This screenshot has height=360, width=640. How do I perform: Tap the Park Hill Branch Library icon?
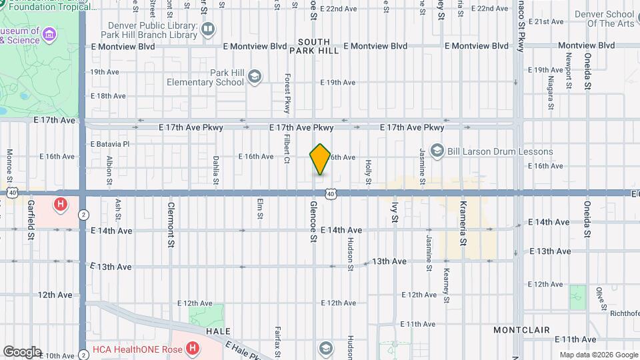coord(208,29)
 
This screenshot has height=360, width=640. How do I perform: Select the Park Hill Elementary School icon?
coord(254,77)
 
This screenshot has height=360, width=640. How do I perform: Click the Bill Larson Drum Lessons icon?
coord(437,151)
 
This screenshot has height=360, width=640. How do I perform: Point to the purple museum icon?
coord(49,34)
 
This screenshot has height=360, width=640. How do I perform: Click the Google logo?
coord(21,352)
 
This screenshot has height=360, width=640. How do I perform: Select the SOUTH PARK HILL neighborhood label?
coord(314,46)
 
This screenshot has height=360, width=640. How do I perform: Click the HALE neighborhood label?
coord(218,331)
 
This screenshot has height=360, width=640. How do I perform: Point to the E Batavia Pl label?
coord(110,143)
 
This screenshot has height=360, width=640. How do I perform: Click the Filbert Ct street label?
coord(287,150)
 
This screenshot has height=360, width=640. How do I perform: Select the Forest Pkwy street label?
coord(288,93)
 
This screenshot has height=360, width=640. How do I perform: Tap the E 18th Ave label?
coord(107,96)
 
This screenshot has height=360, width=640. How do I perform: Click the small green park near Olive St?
coord(577,297)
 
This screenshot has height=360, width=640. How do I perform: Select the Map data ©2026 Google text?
coord(598,355)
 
